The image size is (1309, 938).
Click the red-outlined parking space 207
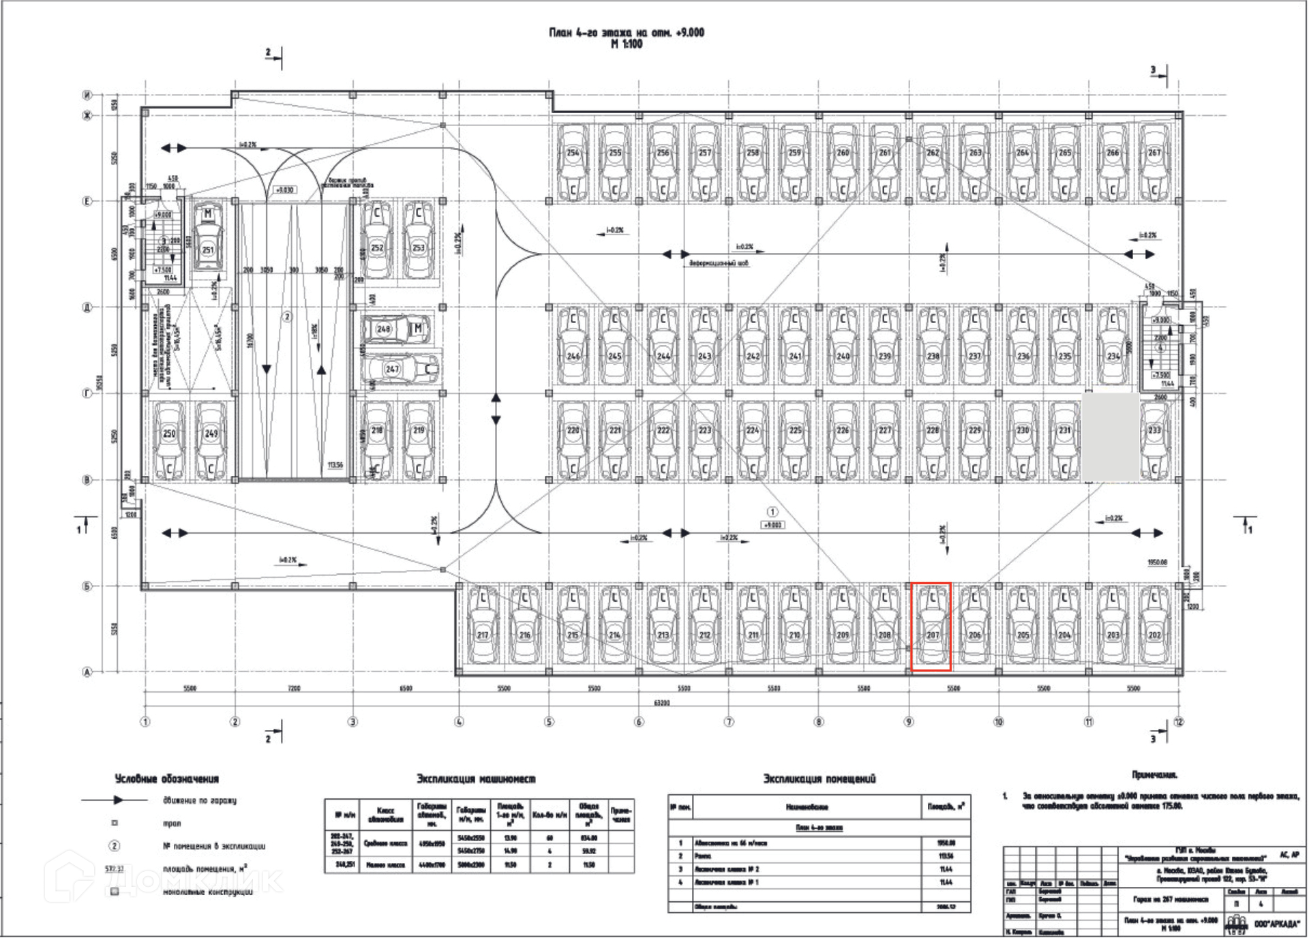tap(932, 627)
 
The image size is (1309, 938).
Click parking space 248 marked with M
tap(397, 329)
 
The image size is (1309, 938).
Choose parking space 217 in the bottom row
tap(483, 629)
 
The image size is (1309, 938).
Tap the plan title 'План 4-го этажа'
tap(627, 33)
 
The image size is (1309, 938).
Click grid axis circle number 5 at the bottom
tap(549, 722)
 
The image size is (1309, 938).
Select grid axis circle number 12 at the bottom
tap(1179, 722)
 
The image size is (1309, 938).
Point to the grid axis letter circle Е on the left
tap(87, 202)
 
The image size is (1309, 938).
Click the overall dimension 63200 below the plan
tap(661, 703)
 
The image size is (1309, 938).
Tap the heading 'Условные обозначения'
tap(167, 779)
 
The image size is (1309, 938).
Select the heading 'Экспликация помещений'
tap(819, 779)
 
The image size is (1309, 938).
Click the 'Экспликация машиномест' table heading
tap(476, 779)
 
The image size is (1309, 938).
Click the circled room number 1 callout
tap(772, 512)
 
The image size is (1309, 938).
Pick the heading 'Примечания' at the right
tap(1155, 775)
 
